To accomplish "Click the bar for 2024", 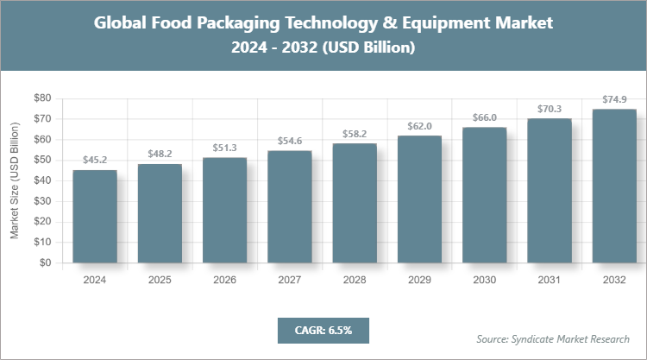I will click(95, 217).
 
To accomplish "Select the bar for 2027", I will click(290, 207).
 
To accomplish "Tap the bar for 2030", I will click(485, 195).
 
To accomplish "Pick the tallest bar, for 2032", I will click(614, 186).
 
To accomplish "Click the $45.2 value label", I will click(95, 160).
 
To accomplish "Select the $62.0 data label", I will click(420, 125).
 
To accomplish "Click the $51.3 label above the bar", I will click(225, 148).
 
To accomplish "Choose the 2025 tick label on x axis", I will click(160, 280).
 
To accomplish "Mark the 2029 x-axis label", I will click(420, 280).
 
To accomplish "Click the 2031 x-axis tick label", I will click(550, 280).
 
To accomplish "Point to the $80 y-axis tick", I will click(42, 98).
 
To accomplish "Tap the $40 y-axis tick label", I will click(42, 181).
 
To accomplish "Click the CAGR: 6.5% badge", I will click(323, 330).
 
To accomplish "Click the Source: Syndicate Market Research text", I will click(553, 338).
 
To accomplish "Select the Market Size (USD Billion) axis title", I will click(15, 181).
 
